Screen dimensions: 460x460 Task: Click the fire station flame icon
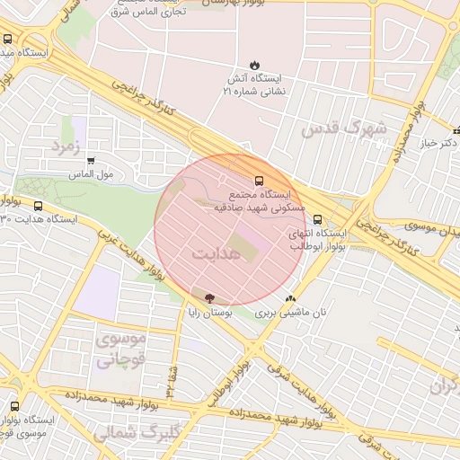(x=254, y=65)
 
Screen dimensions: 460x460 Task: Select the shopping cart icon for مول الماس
(x=91, y=161)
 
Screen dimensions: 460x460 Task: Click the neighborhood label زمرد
(x=66, y=144)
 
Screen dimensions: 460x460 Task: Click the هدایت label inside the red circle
(x=216, y=254)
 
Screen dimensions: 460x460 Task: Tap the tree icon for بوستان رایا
(x=209, y=297)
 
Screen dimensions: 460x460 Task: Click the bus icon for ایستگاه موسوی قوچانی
(x=12, y=406)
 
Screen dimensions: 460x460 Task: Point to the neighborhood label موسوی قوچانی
(x=119, y=351)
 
